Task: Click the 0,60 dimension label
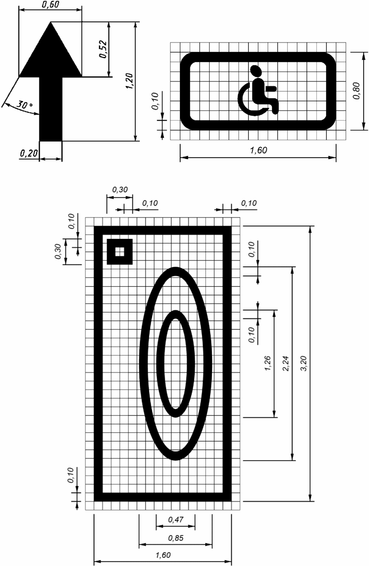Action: click(50, 5)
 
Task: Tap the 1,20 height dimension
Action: click(129, 81)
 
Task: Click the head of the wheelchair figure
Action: click(256, 71)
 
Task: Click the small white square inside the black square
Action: click(120, 252)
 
